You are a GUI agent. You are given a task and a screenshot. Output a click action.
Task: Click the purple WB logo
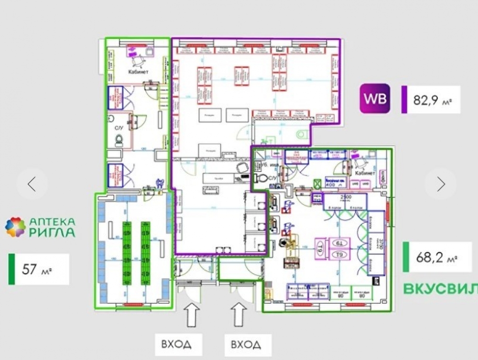click(375, 99)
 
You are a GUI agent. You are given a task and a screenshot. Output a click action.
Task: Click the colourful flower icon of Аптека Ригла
click(15, 227)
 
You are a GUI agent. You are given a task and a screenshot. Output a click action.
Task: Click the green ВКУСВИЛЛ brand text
click(440, 289)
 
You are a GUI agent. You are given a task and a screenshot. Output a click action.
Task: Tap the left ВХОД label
click(176, 344)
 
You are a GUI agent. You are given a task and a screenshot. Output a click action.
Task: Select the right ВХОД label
click(246, 344)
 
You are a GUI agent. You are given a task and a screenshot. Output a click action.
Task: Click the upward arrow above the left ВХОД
click(191, 316)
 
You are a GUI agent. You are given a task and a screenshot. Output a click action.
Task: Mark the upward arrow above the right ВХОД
click(239, 316)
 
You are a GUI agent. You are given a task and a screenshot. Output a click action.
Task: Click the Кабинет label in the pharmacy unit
click(138, 72)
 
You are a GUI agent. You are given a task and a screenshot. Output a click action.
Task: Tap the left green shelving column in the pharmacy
click(128, 252)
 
